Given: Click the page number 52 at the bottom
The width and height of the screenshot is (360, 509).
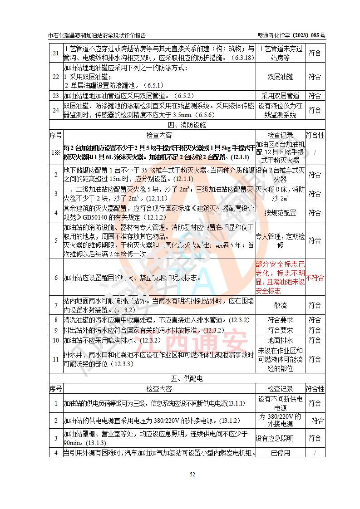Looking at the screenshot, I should coord(192,475).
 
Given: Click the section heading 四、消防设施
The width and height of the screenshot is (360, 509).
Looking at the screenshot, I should coord(187,125).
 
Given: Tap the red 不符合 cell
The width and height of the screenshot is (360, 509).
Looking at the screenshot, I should coord(315,278).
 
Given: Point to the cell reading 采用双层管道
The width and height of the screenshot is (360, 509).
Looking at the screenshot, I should coord(280,96).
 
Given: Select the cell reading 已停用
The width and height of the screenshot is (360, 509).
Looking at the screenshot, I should coord(280,452).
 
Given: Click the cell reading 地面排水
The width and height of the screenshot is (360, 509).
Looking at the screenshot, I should coord(280,340).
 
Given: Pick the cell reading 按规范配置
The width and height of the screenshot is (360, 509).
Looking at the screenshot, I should coord(280,212).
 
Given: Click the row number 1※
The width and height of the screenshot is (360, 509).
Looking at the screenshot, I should coord(56,152).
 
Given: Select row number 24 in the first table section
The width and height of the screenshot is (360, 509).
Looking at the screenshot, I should coord(56,110).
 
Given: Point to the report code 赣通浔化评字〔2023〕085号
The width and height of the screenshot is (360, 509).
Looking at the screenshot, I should coord(291,36).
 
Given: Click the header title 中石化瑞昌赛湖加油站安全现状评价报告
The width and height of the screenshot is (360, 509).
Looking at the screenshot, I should coord(97,36).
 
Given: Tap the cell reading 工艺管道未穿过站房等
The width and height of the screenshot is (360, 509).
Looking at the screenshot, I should coord(280,53).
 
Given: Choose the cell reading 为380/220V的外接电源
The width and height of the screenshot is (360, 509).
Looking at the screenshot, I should coord(280,420).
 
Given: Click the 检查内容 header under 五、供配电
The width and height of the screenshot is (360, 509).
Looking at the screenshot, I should coord(159,389).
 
